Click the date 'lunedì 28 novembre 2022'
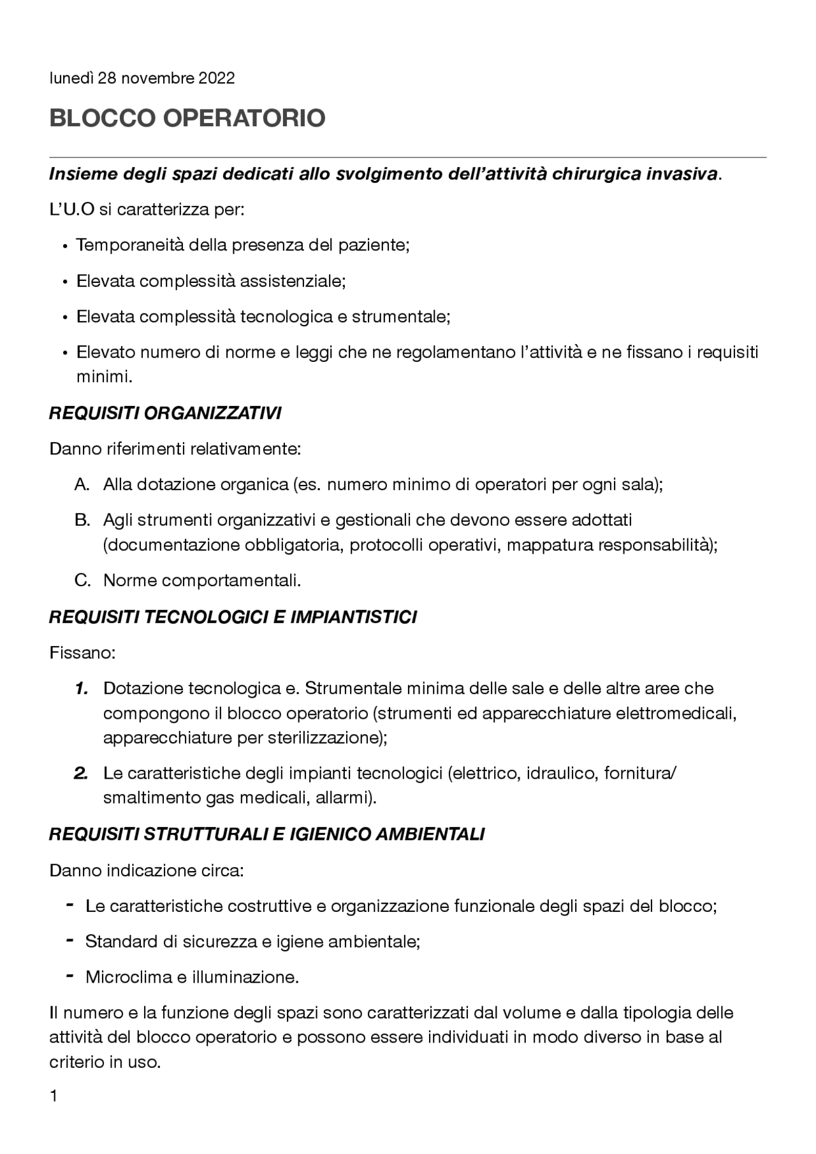coord(142,78)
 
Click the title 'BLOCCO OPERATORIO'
coord(187,119)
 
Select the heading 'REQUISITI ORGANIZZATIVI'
coord(165,414)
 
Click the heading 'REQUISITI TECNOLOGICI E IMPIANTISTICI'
coord(233,617)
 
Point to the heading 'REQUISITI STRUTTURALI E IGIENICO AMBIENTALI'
coord(266,835)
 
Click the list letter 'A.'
coord(82,485)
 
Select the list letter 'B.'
coord(82,521)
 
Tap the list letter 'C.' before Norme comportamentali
coord(82,581)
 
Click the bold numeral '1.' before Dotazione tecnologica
coord(80,689)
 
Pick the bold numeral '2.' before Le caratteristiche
coord(80,774)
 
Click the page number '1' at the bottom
coord(54,1114)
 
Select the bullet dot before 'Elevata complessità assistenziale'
coord(65,282)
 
